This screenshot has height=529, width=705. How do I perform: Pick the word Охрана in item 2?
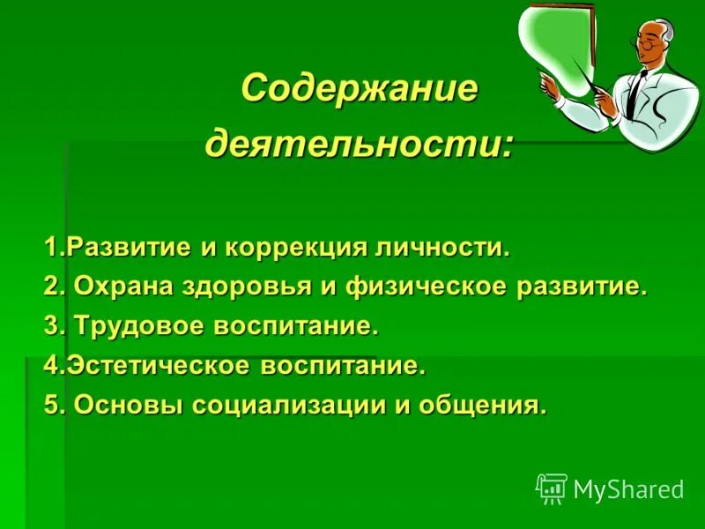point(115,286)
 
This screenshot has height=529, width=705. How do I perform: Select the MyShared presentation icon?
point(551,488)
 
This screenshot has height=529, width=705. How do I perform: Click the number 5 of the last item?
point(51,405)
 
